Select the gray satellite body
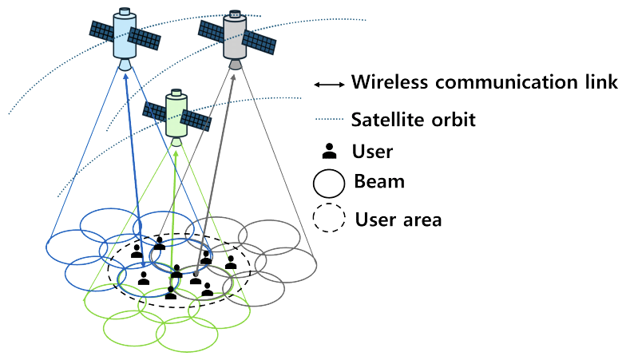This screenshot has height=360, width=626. [234, 38]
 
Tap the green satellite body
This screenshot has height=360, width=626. [176, 114]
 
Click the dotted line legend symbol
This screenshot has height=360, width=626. [329, 121]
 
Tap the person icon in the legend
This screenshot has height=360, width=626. [329, 151]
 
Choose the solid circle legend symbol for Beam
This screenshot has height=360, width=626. [329, 183]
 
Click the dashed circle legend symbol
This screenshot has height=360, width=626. [329, 218]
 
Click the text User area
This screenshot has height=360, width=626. [398, 219]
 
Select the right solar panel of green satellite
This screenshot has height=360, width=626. [196, 121]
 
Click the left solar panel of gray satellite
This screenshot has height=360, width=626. [209, 32]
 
